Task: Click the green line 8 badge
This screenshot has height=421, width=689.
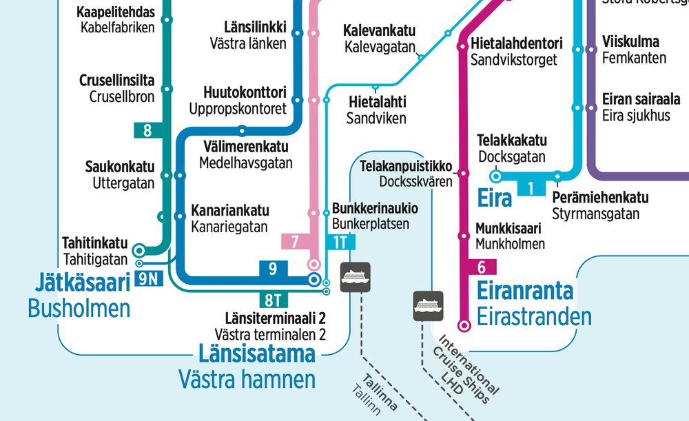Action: click(147, 130)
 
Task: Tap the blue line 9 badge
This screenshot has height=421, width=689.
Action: click(273, 269)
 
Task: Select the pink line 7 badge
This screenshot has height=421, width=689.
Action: click(295, 242)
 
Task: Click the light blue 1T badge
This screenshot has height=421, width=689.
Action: click(340, 242)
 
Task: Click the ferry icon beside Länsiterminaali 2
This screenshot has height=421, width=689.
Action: click(356, 277)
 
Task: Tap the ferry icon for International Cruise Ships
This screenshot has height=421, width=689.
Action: click(428, 305)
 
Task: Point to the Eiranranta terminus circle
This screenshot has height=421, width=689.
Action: click(464, 325)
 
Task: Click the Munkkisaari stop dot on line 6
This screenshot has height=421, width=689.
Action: click(464, 236)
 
